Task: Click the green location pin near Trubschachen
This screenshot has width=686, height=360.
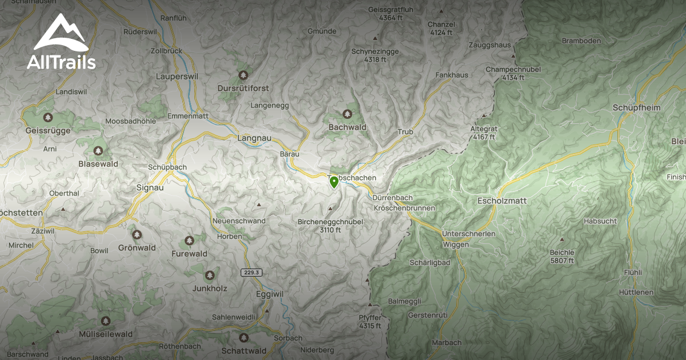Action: point(334,182)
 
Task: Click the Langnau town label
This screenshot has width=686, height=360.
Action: point(254,138)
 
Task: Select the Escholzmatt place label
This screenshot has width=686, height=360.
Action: point(501,201)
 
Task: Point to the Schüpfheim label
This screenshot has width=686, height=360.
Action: point(636,107)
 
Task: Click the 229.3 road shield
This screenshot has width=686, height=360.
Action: point(251,273)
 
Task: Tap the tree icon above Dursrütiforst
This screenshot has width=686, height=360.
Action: point(244,75)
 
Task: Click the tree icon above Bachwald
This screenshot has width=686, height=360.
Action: point(347,114)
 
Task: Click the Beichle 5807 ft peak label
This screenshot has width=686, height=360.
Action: point(562,256)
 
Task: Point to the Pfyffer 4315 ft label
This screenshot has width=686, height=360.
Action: point(370,322)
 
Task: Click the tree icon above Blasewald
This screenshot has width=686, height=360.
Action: point(98,151)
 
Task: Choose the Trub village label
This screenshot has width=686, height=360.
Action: point(405,132)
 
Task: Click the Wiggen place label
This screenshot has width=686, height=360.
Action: point(456,245)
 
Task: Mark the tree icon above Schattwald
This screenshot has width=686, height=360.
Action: point(244,337)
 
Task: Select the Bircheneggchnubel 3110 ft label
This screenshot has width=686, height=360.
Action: point(330,226)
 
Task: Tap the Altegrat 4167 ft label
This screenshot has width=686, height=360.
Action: point(484,133)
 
